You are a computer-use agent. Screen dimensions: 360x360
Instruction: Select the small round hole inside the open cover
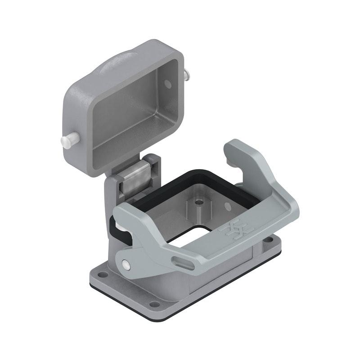(x=167, y=84)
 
